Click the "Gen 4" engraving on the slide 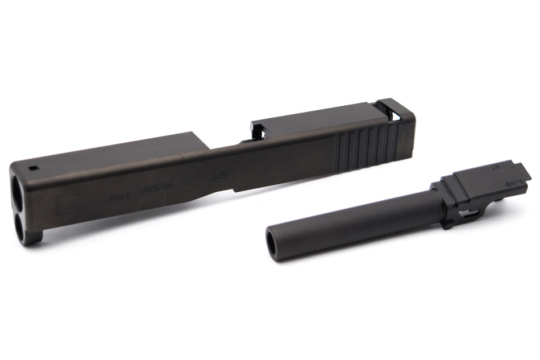(121, 196)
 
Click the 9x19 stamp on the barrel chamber (513, 181)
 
